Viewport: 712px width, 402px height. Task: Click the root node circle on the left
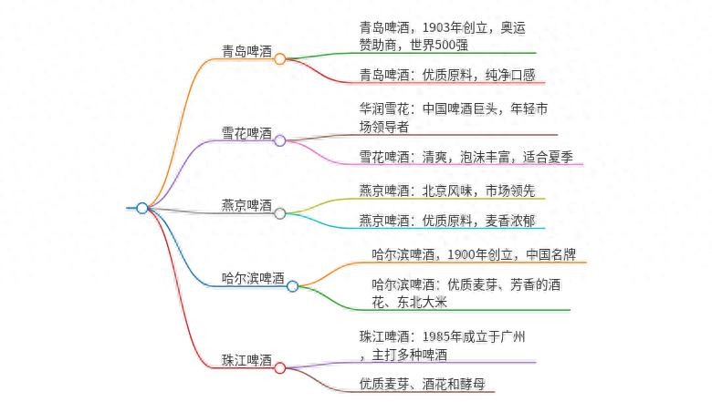141,208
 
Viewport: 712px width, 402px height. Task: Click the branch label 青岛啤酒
246,51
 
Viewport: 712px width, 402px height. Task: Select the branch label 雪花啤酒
246,133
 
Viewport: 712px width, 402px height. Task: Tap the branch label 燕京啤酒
246,205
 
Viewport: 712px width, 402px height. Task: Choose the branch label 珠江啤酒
246,360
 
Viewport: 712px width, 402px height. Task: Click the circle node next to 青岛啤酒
280,58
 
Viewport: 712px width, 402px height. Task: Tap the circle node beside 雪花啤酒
280,140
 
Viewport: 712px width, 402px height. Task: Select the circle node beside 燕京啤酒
280,213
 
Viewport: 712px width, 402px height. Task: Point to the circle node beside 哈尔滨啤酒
293,286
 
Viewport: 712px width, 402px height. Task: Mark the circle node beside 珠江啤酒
280,368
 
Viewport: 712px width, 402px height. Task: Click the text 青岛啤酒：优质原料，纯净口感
447,75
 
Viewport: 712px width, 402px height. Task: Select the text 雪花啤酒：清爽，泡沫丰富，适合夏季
466,156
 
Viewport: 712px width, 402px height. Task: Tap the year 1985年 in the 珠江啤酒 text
449,336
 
